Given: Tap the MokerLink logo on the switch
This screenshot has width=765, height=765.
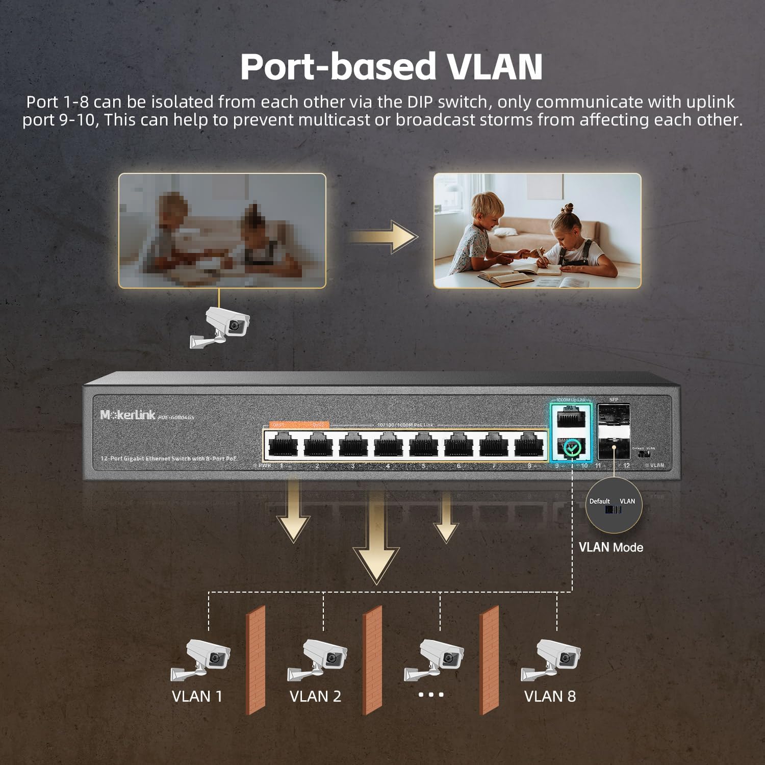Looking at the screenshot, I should coord(128,415).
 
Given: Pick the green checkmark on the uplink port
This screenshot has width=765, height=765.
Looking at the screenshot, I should coord(573,448).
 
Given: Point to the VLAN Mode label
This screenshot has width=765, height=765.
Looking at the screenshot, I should coord(610,547).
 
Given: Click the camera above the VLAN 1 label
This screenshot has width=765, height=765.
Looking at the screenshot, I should coord(201,659).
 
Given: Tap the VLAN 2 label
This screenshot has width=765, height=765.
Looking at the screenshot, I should coord(315,696).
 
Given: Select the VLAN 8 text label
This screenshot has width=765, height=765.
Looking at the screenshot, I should coord(550,696).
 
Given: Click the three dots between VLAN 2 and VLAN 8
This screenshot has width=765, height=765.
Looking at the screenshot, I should coord(431,695).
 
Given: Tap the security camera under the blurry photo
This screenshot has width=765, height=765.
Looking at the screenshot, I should coord(222,326).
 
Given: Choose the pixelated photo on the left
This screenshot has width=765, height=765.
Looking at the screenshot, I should coord(222,231).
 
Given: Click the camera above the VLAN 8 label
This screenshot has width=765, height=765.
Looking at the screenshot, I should coord(552,659).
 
